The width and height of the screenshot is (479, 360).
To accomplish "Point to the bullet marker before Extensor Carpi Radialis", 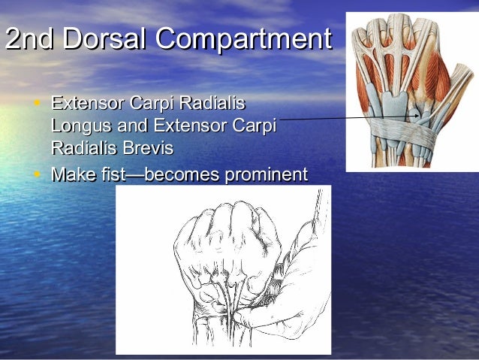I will (38, 102).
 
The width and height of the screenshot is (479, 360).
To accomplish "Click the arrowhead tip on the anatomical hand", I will (420, 116).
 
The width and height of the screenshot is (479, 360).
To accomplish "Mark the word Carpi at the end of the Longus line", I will (254, 126).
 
